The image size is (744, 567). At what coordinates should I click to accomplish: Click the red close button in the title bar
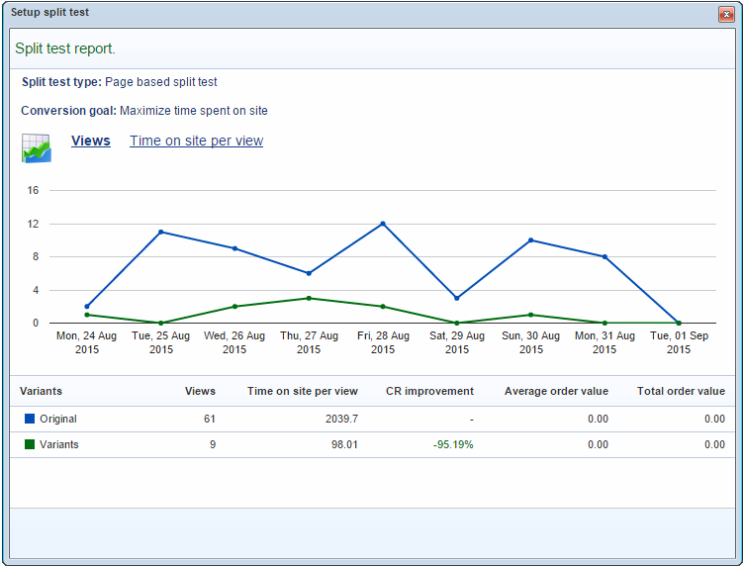click(x=726, y=15)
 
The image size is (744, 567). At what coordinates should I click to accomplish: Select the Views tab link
click(x=91, y=141)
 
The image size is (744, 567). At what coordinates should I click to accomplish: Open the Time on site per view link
click(x=196, y=141)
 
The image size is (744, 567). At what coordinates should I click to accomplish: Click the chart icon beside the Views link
click(x=37, y=147)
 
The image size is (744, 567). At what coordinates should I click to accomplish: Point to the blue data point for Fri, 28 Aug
click(x=383, y=224)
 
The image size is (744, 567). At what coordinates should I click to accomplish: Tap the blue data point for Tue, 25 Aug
click(x=160, y=232)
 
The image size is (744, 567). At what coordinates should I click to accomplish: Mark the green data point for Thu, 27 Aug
click(x=309, y=298)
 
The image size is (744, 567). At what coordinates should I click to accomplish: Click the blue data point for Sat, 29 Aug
click(x=457, y=298)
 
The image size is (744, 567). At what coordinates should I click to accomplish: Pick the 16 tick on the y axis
click(x=33, y=190)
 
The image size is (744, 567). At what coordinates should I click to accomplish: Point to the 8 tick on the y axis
click(x=35, y=256)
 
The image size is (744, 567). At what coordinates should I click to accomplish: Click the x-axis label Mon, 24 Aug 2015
click(x=86, y=342)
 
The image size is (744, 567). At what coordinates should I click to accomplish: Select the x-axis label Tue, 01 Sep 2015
click(x=679, y=342)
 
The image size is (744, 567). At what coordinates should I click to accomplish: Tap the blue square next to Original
click(x=30, y=419)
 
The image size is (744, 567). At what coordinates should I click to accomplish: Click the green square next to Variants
click(x=30, y=444)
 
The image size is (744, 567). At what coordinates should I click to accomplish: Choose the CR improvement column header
click(x=429, y=391)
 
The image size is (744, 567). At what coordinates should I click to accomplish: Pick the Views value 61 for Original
click(x=210, y=419)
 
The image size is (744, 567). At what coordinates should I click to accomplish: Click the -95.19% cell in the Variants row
click(x=453, y=444)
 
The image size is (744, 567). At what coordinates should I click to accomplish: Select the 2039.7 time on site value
click(x=341, y=419)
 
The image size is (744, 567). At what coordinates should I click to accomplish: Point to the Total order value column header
click(x=681, y=391)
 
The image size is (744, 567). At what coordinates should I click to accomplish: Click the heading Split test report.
click(x=65, y=48)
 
